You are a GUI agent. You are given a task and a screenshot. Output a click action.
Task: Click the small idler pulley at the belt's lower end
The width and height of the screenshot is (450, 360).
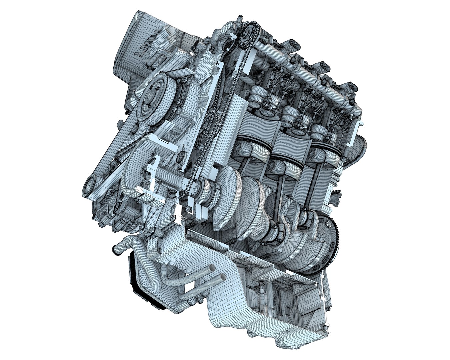tap(90, 187)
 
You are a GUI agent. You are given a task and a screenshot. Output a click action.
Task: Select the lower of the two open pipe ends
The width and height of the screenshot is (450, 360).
tap(223, 276)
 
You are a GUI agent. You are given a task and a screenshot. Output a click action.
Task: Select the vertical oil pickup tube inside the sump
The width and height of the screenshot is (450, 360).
tap(263, 297)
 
